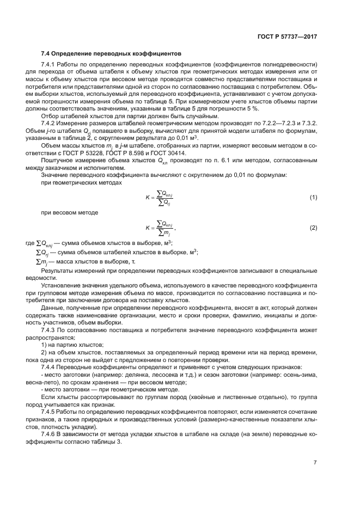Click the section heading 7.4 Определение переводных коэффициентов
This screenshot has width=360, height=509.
112,54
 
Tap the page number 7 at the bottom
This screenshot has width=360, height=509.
316,462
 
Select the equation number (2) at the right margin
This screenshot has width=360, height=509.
313,227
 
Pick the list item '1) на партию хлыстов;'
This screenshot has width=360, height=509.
72,345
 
